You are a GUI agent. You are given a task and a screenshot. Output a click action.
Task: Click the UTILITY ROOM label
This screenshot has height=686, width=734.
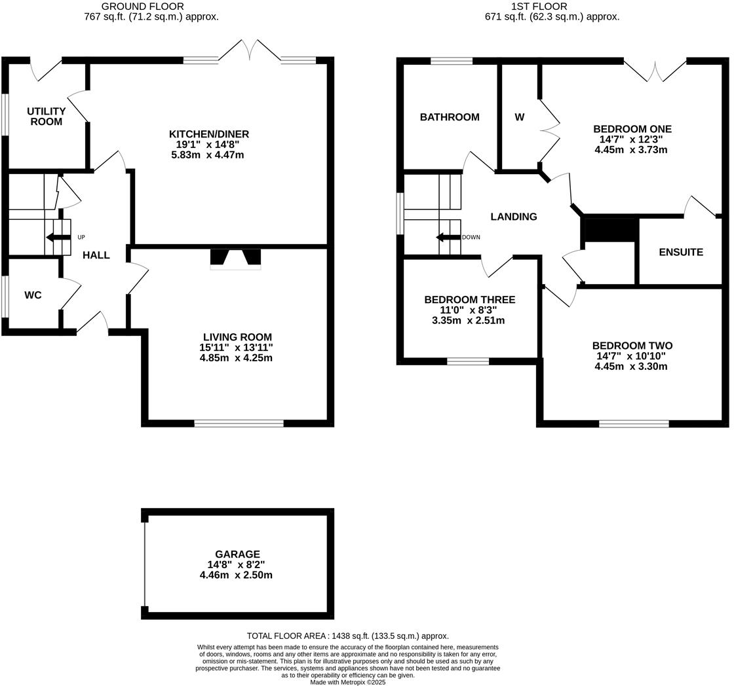[x=46, y=117]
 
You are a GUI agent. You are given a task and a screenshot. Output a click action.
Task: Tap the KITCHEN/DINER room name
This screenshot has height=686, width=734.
[x=208, y=134]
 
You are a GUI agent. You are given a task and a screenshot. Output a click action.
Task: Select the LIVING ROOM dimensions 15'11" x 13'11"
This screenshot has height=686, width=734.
[x=236, y=348]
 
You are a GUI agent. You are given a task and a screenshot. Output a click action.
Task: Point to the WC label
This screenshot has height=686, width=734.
[x=33, y=295]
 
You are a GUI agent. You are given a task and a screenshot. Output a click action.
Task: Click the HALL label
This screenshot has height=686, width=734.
[x=96, y=255]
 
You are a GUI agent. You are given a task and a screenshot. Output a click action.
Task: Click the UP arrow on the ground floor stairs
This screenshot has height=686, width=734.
[x=58, y=237]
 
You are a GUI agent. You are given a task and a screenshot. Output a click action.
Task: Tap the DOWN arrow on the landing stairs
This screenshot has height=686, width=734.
[x=449, y=237]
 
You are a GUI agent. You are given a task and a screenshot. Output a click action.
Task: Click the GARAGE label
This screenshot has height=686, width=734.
[x=237, y=554]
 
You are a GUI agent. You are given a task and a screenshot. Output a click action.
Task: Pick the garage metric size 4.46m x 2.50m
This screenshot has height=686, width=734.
[x=236, y=575]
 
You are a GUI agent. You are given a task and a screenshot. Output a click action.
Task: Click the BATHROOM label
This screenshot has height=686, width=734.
[x=450, y=117]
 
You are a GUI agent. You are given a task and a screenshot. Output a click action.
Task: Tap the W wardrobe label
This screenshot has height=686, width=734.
[x=519, y=117]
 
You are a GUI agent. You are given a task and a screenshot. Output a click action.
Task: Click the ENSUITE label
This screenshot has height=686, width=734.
[x=681, y=252]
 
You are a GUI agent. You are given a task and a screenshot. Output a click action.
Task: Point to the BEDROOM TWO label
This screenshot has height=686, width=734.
[x=632, y=346]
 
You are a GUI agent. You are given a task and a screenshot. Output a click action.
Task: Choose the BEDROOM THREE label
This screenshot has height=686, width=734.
[x=469, y=300]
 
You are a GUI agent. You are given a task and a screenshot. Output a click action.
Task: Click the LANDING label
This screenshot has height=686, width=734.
[x=514, y=217]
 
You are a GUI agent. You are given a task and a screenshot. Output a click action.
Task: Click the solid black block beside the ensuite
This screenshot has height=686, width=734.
[x=609, y=228]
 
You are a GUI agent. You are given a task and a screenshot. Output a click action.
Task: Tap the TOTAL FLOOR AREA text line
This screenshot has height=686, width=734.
[x=347, y=636]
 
